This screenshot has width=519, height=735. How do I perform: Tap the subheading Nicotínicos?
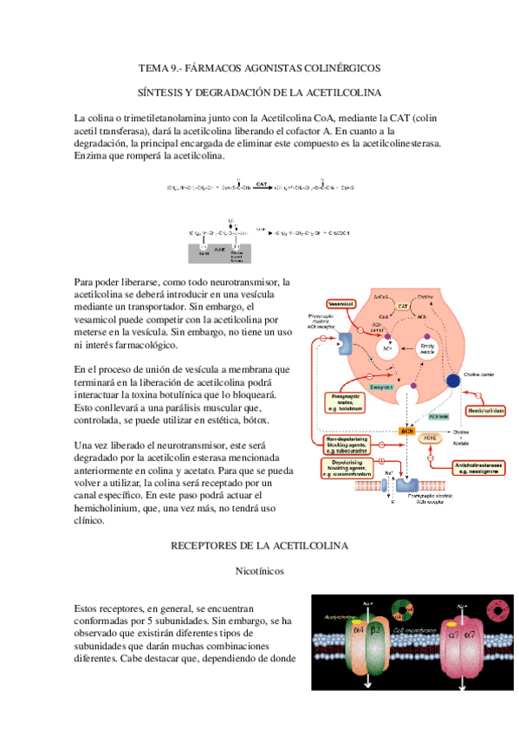[x=259, y=571]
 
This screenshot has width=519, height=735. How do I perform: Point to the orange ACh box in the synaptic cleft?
[x=405, y=430]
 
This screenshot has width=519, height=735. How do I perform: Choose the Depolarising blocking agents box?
[x=347, y=472]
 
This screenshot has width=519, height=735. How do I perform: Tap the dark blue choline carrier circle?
[x=452, y=381]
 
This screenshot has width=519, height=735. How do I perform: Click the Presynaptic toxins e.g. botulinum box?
[x=347, y=400]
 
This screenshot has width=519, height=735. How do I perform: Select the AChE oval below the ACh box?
[x=431, y=439]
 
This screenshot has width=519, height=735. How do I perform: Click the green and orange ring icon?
[x=403, y=612]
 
